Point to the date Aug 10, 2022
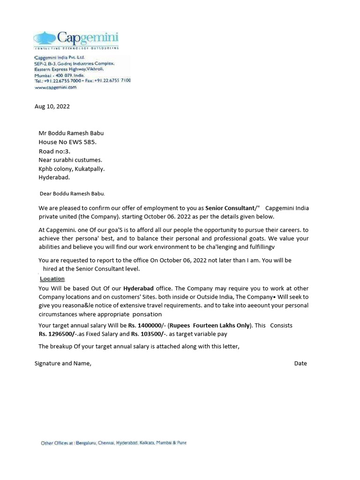[x=52, y=106]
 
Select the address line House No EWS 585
[x=67, y=142]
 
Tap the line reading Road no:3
[x=54, y=151]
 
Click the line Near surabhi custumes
[x=70, y=160]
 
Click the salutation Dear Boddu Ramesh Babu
[x=72, y=193]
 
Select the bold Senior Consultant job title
[x=229, y=208]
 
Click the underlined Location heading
[x=52, y=279]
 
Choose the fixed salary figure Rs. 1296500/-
[x=56, y=334]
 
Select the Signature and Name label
[x=63, y=363]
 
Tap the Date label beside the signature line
[x=300, y=363]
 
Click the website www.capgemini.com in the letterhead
[x=55, y=87]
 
